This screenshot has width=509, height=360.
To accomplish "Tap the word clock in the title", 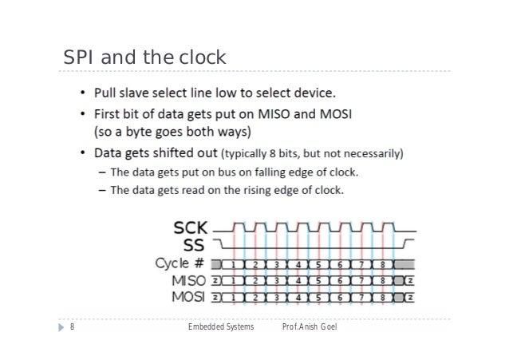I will [x=202, y=58].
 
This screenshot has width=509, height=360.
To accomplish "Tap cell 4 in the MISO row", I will [x=298, y=281].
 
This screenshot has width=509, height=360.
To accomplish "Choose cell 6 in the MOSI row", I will [x=341, y=298].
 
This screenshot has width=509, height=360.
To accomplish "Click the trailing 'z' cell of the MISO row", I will [x=408, y=281].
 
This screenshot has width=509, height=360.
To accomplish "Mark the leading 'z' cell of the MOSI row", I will [x=215, y=298].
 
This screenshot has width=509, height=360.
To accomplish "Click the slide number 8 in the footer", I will [x=72, y=326].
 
